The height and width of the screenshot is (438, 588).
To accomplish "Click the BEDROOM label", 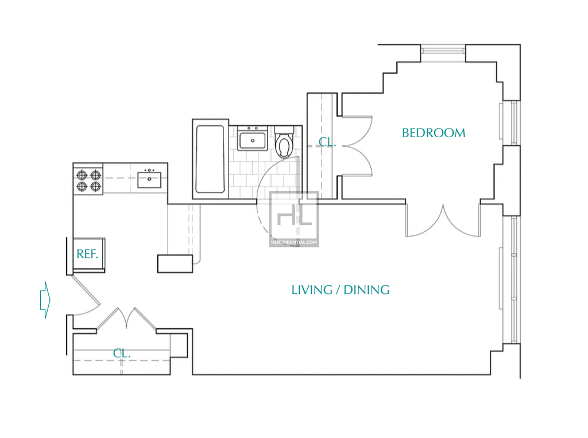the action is click(x=434, y=133).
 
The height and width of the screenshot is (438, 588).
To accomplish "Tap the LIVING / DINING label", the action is click(x=341, y=290).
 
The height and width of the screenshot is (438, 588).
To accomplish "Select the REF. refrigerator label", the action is click(x=87, y=254).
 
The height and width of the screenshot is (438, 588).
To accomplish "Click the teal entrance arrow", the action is click(x=45, y=300).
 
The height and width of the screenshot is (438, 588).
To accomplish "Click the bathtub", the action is click(x=210, y=159).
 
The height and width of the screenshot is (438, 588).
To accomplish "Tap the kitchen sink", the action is click(x=149, y=179).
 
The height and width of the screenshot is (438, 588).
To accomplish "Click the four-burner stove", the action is click(x=88, y=180).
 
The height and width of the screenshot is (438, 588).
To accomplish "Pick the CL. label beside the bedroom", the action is click(x=327, y=142).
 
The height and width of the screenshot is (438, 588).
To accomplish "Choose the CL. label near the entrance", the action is click(x=122, y=353).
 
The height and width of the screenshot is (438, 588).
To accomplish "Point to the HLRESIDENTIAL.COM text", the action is click(x=294, y=242).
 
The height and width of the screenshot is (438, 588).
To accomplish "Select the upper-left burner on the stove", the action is click(x=82, y=175).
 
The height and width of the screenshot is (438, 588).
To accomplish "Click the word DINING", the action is click(x=366, y=290).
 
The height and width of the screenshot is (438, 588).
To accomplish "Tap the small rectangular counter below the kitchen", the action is click(x=175, y=263).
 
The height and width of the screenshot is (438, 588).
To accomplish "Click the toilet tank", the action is click(x=284, y=130).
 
